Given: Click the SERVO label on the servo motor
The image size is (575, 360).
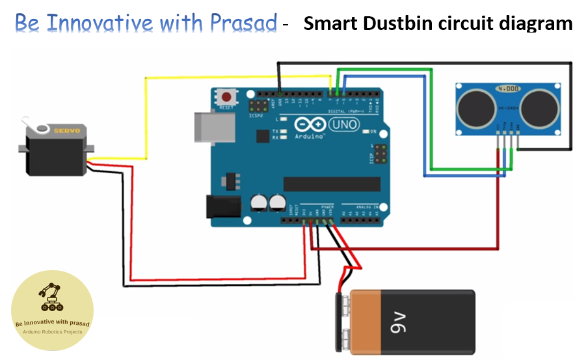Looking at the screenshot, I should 66,131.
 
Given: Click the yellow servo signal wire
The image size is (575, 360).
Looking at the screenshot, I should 146,117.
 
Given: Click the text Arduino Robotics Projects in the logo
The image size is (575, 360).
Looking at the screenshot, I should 53,332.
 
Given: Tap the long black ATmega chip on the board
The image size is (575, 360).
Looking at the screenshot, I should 332,184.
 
